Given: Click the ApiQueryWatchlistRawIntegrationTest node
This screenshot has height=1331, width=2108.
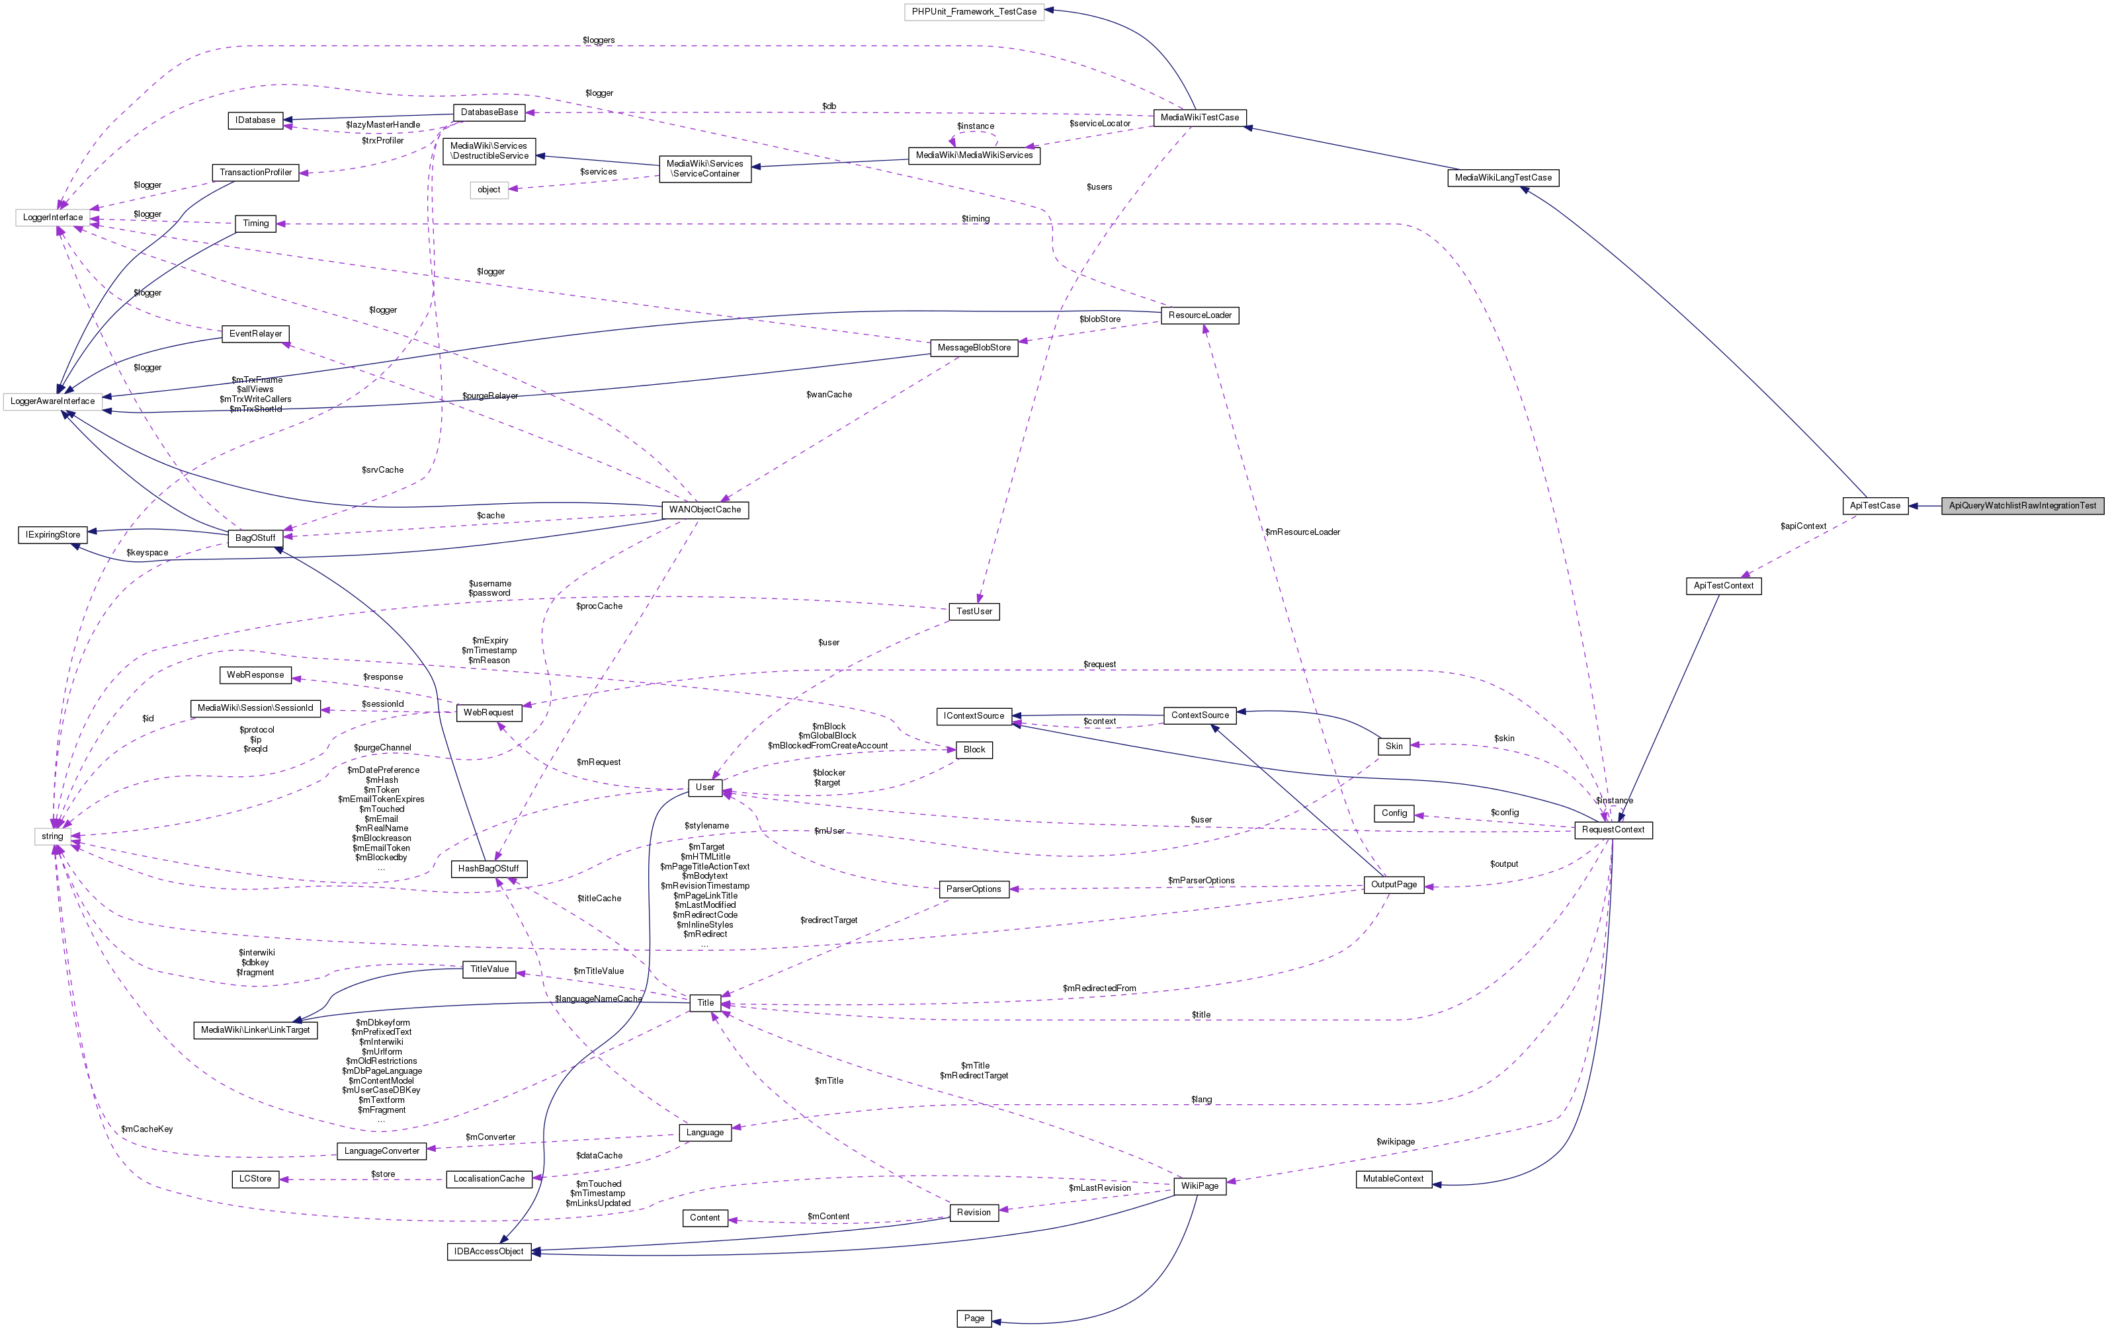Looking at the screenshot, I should (x=2022, y=506).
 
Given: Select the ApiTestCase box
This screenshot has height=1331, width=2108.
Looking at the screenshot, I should (x=1875, y=506).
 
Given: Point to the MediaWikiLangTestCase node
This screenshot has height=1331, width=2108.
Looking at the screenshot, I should (x=1502, y=178).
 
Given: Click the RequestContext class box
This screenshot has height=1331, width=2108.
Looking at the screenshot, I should (x=1613, y=830).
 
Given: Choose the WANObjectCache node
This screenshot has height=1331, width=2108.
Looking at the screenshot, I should (x=704, y=509).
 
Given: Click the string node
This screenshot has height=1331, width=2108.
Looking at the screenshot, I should (x=52, y=836).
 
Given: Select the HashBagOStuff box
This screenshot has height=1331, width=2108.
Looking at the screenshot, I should (x=489, y=869).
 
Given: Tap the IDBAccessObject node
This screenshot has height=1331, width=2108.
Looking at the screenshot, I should (x=489, y=1252).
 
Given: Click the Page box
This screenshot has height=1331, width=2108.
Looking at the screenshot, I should (x=974, y=1318).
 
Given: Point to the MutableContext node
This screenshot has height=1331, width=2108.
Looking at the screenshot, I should (x=1393, y=1179).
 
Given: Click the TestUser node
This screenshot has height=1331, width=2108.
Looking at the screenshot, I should (x=974, y=611).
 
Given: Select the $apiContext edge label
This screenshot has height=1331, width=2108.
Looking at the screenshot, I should (x=1803, y=526).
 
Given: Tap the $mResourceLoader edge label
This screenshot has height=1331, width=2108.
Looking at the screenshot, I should (x=1302, y=532).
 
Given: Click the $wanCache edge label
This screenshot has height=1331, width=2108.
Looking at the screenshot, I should (x=828, y=395).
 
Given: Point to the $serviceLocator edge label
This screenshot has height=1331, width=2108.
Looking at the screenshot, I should (x=1099, y=124).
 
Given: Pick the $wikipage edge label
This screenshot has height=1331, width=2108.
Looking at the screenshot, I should (x=1394, y=1141).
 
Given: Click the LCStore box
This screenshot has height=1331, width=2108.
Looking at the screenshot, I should (x=255, y=1179).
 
